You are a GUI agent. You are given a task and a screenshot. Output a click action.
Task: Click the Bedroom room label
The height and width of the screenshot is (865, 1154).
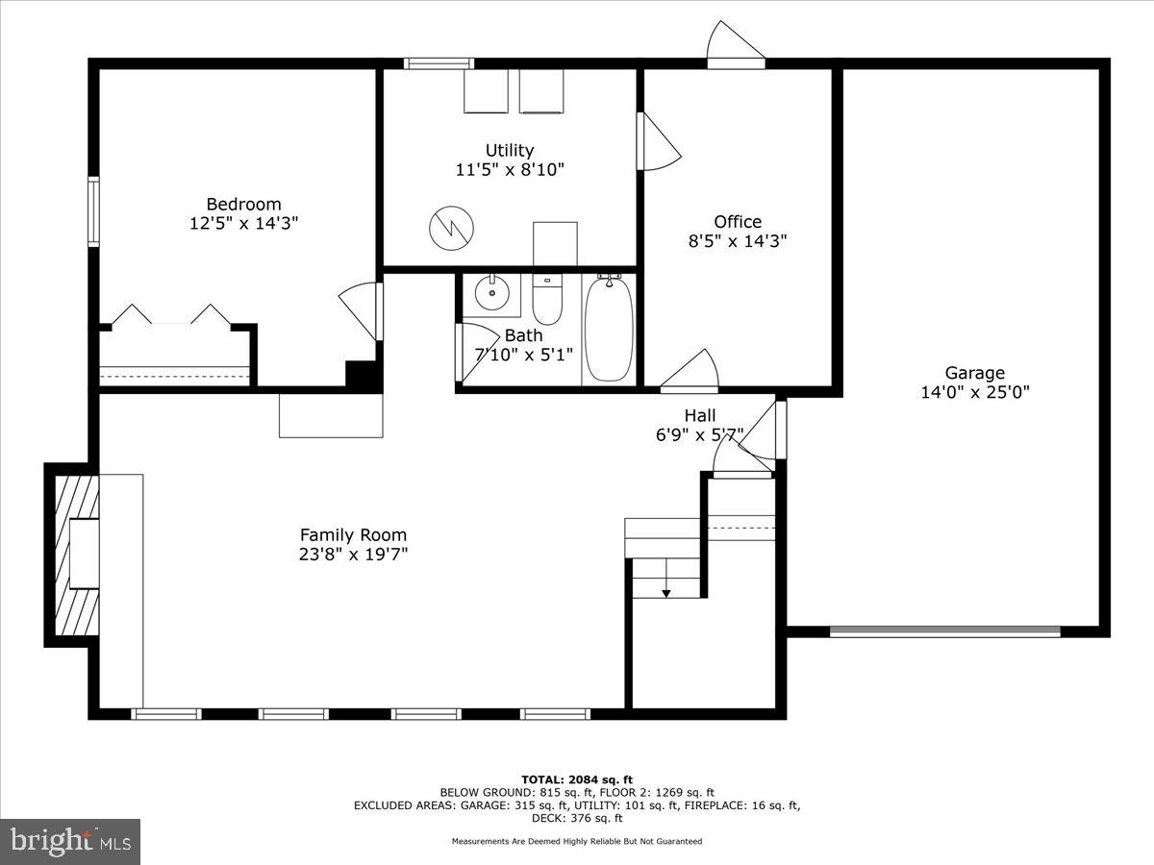243,204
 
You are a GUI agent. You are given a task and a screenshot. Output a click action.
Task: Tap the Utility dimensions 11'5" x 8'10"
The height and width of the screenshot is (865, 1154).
509,169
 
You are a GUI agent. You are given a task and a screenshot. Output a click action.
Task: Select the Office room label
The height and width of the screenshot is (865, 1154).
737,222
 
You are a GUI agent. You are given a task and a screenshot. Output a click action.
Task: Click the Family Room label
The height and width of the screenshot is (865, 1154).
353,535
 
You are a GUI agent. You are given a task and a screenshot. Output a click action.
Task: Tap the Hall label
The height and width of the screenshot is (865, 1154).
699,415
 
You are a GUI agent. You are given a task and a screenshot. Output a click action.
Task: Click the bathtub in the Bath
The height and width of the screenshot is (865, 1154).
609,329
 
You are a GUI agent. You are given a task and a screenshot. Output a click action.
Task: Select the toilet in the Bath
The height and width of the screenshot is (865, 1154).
546,300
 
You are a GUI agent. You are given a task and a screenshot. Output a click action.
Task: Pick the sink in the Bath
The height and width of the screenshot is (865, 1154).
490,292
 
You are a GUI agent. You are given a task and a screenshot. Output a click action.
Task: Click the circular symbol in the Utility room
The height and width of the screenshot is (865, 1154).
451,227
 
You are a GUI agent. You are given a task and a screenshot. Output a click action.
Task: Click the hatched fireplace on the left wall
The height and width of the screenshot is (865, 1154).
75,555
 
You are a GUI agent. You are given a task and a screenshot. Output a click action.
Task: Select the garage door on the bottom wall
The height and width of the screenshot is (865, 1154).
944,631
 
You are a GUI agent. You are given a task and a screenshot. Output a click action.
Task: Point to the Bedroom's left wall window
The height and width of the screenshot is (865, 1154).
93,210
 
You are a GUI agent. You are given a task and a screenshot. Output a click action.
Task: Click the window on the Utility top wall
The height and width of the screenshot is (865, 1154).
439,64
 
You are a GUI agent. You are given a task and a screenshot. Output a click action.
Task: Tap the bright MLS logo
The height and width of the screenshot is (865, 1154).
70,841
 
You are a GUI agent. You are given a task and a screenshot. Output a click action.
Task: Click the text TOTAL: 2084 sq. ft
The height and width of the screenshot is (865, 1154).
576,779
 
